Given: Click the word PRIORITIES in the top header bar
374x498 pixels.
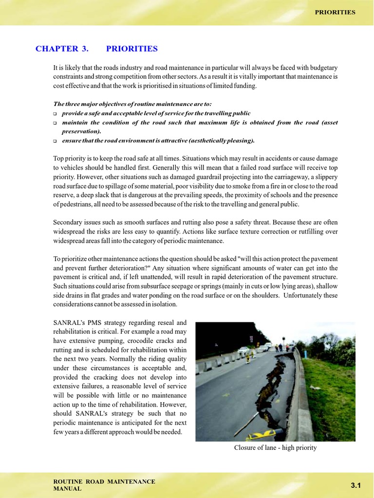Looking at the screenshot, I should (335, 12).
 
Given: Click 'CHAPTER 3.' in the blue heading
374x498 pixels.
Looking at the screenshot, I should (62, 49).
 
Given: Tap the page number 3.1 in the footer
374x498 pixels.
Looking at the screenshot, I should (355, 485).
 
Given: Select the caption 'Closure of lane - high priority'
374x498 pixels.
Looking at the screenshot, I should (275, 447).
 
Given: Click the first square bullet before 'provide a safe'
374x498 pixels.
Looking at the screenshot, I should (55, 114).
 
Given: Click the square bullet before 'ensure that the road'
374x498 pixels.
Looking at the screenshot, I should (55, 141).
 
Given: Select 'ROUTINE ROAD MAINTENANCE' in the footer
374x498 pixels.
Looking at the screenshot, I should (104, 481).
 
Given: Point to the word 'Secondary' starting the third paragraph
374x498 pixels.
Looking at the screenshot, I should (68, 222).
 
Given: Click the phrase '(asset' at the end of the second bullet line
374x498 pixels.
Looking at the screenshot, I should (330, 123).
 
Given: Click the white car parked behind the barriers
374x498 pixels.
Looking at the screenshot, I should (243, 349).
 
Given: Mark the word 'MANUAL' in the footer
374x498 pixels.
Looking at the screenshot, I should (67, 488).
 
